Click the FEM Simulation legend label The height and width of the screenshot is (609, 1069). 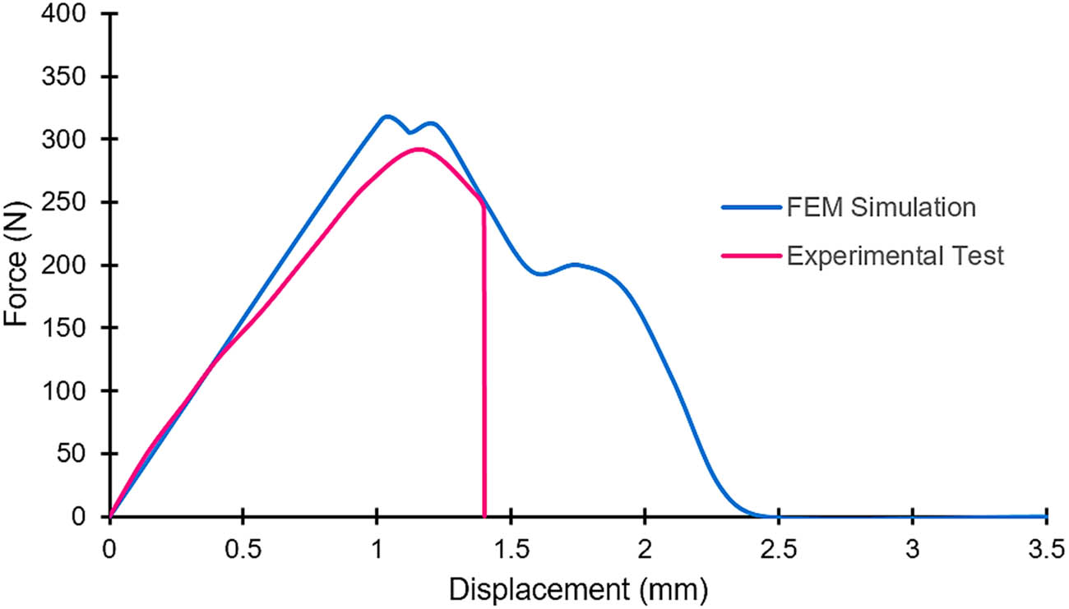click(x=882, y=207)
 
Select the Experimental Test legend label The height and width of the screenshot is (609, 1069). click(x=895, y=256)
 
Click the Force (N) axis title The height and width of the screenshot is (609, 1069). click(x=17, y=265)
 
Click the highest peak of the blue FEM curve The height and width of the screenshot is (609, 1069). click(x=386, y=117)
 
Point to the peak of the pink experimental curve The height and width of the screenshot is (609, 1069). click(x=419, y=150)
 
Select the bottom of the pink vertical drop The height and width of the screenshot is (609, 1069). click(x=484, y=514)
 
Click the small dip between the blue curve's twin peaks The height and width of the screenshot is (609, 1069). click(x=410, y=131)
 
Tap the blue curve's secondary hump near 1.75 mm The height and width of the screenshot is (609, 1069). click(x=575, y=265)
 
